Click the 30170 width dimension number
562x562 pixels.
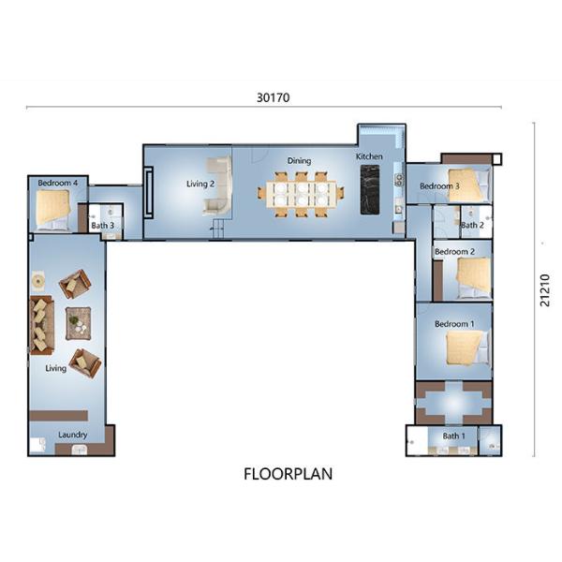[x=274, y=97]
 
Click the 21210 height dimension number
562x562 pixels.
[x=545, y=290]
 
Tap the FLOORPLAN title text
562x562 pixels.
[x=288, y=474]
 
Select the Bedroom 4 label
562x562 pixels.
[x=58, y=183]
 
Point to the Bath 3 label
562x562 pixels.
[x=102, y=226]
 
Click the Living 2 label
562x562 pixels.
[x=200, y=184]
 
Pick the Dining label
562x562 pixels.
[x=300, y=161]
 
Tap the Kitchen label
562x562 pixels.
[x=369, y=156]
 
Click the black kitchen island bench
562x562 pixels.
[x=370, y=189]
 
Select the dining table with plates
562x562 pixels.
[x=301, y=195]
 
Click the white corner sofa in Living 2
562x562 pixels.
[x=218, y=185]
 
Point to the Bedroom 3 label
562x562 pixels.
[x=439, y=186]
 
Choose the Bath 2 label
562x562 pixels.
[x=472, y=225]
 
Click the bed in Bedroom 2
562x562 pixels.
[x=473, y=278]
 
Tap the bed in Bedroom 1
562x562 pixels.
[x=467, y=348]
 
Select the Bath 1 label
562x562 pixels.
[x=453, y=436]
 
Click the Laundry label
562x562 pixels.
[x=73, y=435]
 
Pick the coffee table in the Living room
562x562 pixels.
[x=78, y=323]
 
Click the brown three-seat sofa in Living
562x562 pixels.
[x=42, y=325]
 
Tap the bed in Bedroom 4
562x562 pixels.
[x=52, y=210]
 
